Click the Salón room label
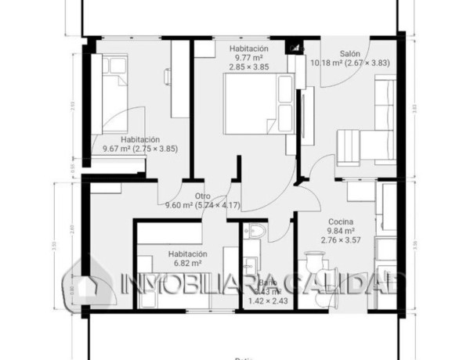[349, 54]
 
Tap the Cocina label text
[341, 221]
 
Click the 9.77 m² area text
[248, 58]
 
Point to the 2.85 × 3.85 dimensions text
[248, 67]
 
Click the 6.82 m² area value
[187, 265]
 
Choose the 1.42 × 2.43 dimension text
[267, 301]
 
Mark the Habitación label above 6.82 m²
[187, 254]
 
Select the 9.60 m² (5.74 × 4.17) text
[202, 206]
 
